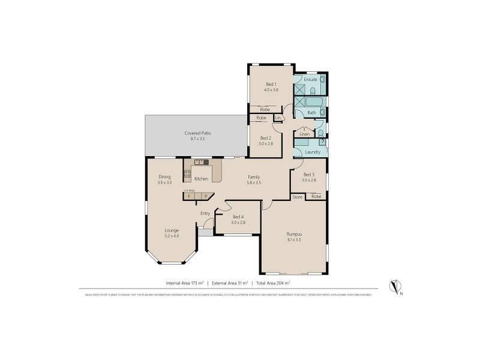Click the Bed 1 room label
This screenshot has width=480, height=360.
[271, 84]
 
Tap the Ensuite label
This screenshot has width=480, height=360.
[310, 79]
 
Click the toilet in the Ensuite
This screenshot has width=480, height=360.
[313, 91]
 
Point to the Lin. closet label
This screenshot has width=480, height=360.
[278, 118]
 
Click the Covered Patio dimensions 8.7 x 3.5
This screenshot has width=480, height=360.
[197, 139]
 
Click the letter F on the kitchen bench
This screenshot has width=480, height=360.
[189, 196]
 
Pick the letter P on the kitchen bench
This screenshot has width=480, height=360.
[205, 196]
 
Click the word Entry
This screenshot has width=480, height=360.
[206, 212]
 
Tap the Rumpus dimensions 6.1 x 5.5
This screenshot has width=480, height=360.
[294, 239]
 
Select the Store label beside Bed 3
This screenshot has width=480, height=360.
[296, 197]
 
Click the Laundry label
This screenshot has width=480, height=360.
[312, 152]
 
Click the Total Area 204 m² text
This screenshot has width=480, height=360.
[272, 282]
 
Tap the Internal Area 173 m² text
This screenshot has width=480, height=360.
[185, 282]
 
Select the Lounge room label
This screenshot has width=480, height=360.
[172, 230]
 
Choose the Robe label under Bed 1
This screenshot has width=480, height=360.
[265, 109]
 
